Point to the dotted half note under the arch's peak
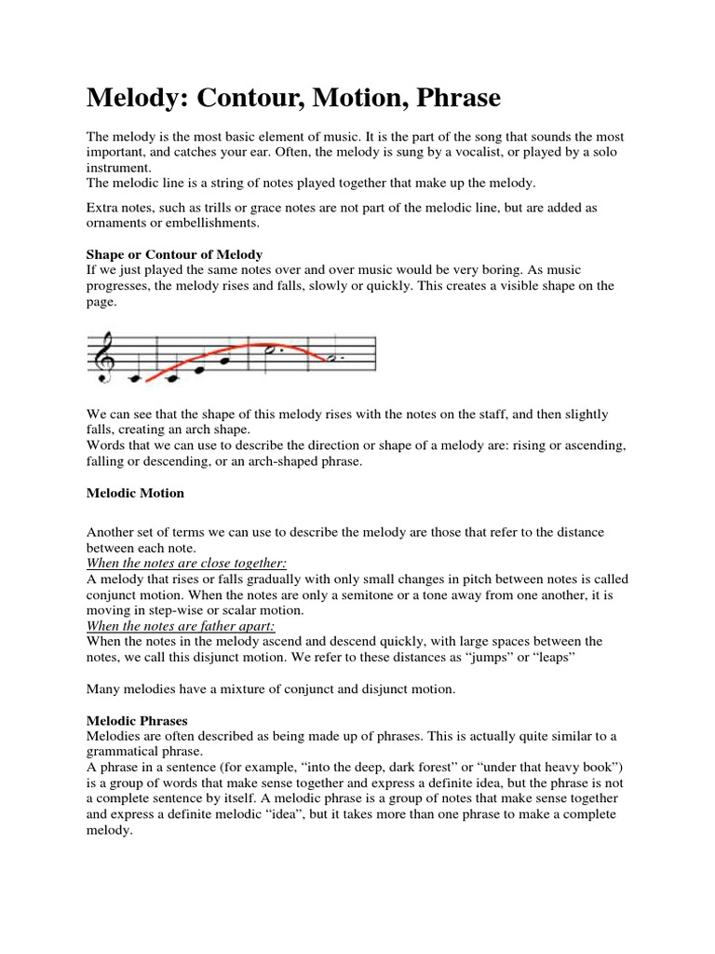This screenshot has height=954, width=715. pyautogui.click(x=270, y=351)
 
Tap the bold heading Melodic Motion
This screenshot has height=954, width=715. pyautogui.click(x=135, y=492)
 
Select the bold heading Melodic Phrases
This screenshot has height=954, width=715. pyautogui.click(x=137, y=720)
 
